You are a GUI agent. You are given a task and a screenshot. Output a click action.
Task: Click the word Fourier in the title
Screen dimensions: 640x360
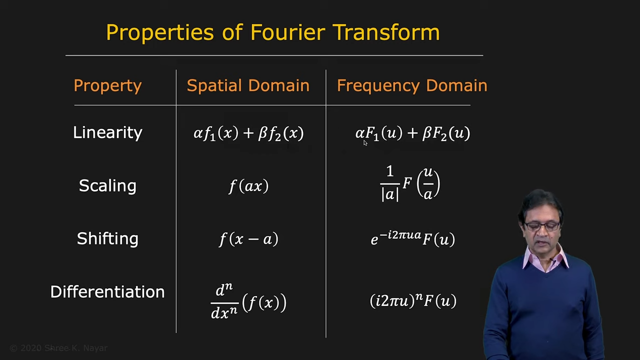(288, 32)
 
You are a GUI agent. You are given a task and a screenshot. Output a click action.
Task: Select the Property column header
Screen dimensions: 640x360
(107, 86)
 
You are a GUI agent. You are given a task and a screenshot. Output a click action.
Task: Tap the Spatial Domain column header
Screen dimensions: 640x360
(248, 85)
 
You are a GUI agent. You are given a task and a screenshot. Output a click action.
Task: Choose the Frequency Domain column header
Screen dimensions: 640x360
(412, 86)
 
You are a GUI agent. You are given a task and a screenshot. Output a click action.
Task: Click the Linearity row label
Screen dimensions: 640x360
(107, 132)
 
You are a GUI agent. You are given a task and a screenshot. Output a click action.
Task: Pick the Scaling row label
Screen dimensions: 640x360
(107, 186)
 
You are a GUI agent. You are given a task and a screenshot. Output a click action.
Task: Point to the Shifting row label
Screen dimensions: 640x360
(107, 239)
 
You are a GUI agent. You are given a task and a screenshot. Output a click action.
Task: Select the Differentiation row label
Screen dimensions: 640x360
(107, 291)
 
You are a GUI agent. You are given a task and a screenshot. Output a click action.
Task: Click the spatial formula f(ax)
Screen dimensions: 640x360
(248, 186)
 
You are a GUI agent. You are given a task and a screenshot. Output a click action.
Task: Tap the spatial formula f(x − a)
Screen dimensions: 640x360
(248, 239)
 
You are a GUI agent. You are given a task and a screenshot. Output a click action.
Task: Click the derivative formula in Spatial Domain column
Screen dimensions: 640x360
(248, 301)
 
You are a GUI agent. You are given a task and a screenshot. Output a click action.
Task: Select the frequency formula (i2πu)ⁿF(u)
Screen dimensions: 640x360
(413, 300)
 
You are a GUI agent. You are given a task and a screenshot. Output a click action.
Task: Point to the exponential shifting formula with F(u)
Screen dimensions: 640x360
(412, 238)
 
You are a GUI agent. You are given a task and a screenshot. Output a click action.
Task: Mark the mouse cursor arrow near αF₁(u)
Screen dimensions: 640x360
(365, 143)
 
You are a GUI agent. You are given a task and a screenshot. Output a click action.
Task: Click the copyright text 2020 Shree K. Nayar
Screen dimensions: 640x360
(58, 348)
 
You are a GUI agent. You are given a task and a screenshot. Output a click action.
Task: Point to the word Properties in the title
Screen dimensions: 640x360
(160, 32)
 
